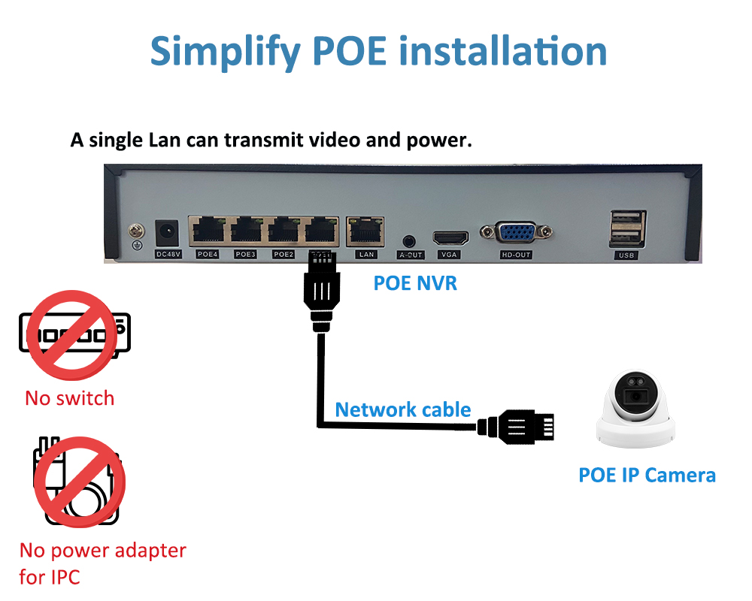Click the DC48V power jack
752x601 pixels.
167,234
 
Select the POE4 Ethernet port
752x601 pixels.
208,231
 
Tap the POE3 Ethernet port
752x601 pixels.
246,231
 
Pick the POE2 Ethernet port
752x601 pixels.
284,231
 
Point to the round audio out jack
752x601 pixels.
408,241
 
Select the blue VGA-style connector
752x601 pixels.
516,233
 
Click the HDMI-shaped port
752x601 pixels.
450,237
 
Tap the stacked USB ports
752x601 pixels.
627,228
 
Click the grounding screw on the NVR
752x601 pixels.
137,231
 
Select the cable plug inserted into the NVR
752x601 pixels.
322,291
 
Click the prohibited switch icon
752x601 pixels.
74,335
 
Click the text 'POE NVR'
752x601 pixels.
415,283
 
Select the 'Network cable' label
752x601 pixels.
403,409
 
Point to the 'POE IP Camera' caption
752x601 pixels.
647,475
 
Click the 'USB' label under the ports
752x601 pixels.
626,255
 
